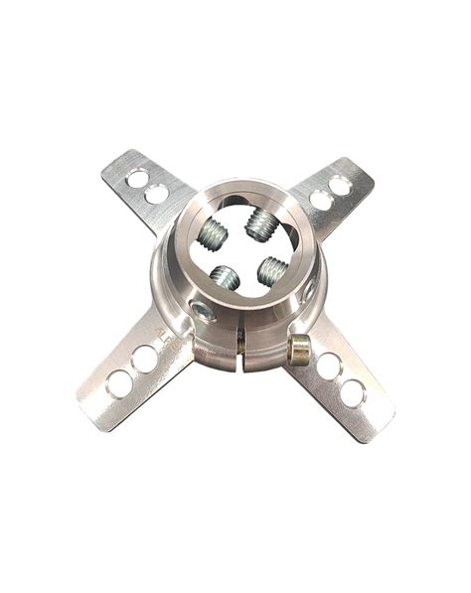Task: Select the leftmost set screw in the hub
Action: point(212,236)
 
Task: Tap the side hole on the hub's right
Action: point(311,288)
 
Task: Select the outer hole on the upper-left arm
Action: point(138,178)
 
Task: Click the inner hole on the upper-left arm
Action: point(156,195)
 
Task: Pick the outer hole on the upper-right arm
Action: point(340,186)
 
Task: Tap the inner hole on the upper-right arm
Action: point(321,201)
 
